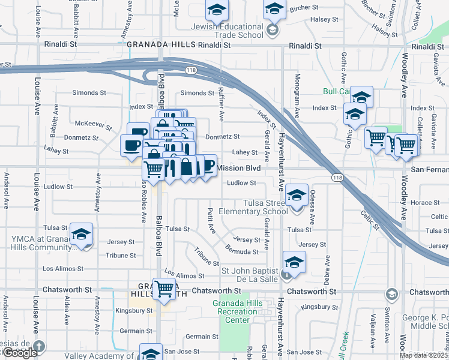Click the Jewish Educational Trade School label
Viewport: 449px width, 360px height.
(x=227, y=31)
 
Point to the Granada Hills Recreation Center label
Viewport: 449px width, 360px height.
(x=231, y=311)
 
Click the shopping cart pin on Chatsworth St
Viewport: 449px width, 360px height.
(x=164, y=289)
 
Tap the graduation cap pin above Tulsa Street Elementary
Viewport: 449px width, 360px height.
(x=297, y=194)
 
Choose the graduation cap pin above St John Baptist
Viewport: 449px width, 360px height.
(x=294, y=262)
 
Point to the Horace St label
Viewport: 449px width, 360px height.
(x=425, y=203)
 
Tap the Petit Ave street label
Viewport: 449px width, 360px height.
(x=211, y=220)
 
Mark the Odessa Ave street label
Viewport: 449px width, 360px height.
(x=312, y=205)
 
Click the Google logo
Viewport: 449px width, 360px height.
(x=20, y=353)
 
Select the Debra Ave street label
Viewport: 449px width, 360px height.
(x=327, y=270)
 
